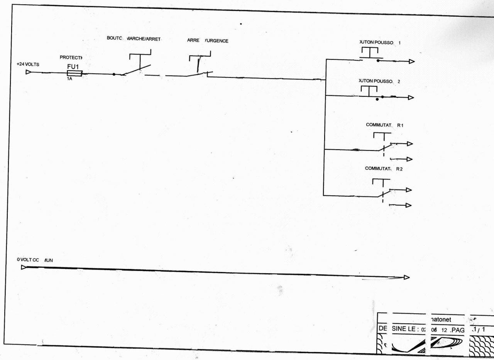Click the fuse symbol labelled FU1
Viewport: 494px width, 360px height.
point(74,73)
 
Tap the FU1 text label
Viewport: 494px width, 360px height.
point(73,66)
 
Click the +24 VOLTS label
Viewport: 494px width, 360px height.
point(28,64)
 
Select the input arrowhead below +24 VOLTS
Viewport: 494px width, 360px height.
point(28,72)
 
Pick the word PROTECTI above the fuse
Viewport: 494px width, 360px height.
point(71,57)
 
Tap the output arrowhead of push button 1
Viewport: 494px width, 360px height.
point(411,61)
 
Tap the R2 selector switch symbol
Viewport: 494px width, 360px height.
point(382,189)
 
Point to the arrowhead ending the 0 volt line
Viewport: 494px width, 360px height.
point(406,277)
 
